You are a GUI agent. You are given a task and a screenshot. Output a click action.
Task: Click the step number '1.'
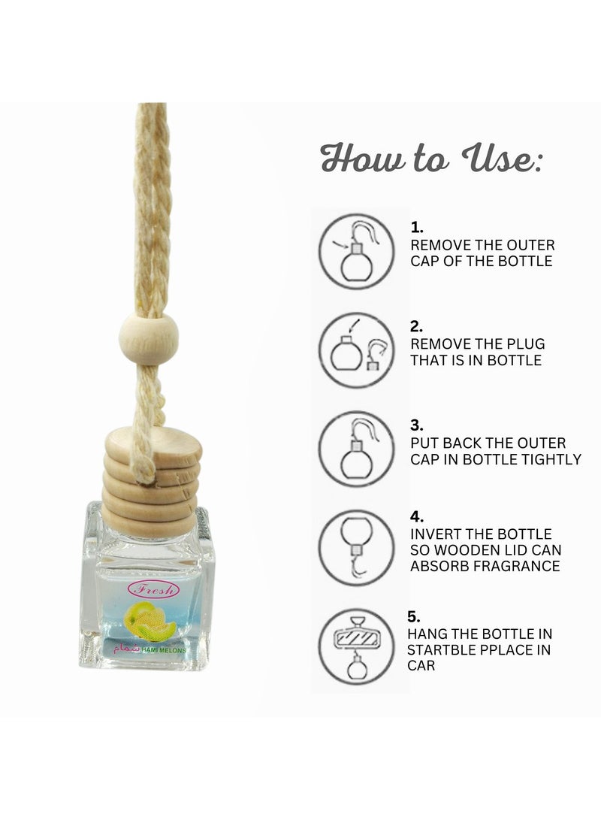pyautogui.click(x=417, y=226)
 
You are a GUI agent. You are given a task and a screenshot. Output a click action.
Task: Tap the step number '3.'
pyautogui.click(x=417, y=425)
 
